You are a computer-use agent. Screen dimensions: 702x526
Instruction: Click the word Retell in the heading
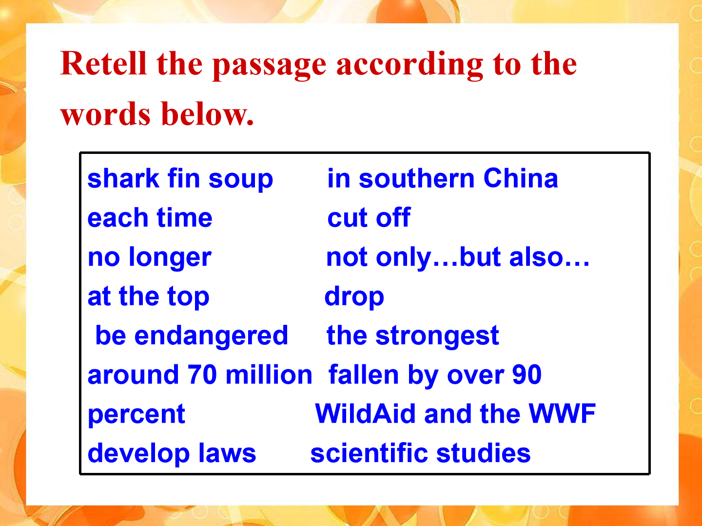[103, 64]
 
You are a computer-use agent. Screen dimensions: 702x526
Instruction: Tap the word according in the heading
[409, 65]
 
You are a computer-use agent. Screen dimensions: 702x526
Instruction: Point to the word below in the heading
[208, 113]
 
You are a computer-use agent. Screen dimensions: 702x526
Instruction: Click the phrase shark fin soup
[180, 179]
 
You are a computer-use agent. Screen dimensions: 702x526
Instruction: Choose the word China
[521, 178]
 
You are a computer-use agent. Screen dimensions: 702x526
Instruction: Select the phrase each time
[150, 218]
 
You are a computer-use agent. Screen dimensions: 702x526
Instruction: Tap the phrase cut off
[369, 218]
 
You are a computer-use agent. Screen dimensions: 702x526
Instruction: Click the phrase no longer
[150, 258]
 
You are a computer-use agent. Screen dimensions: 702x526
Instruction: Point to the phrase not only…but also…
[458, 258]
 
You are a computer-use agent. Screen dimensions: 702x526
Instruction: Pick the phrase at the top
[149, 297]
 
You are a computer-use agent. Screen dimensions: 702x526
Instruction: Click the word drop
[354, 297]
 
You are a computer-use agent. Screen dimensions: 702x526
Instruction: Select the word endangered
[212, 336]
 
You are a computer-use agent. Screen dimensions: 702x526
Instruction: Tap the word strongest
[437, 336]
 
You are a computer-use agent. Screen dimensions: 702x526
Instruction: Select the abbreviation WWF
[562, 414]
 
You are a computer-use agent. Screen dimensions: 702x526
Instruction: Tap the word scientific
[369, 453]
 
